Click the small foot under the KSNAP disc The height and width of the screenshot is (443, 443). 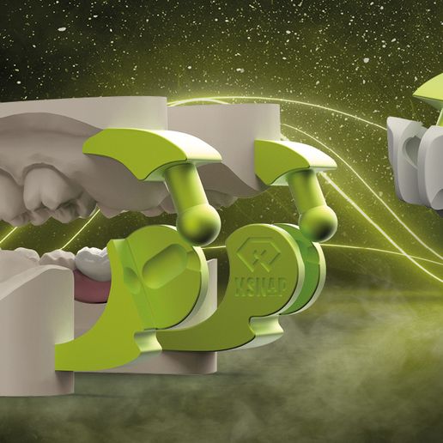[x=265, y=327]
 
